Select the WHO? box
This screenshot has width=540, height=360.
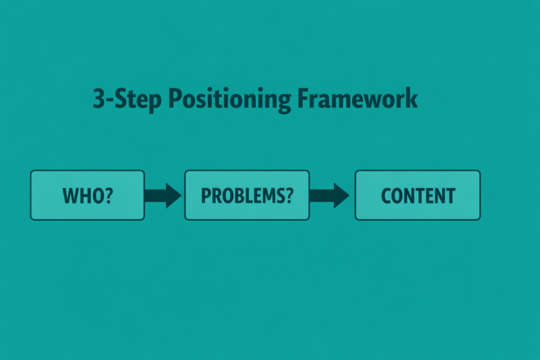tap(87, 195)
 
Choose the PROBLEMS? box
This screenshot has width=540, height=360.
tap(247, 195)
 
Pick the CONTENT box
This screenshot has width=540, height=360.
tap(418, 195)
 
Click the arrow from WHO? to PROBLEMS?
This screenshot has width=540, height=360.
tap(163, 195)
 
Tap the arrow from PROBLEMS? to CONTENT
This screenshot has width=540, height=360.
tap(330, 195)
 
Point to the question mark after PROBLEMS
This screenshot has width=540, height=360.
tap(288, 196)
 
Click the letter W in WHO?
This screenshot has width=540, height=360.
tap(71, 196)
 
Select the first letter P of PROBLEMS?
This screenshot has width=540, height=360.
tap(206, 196)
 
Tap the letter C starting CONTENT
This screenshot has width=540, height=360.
tap(385, 196)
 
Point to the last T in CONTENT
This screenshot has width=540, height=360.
tap(450, 196)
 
